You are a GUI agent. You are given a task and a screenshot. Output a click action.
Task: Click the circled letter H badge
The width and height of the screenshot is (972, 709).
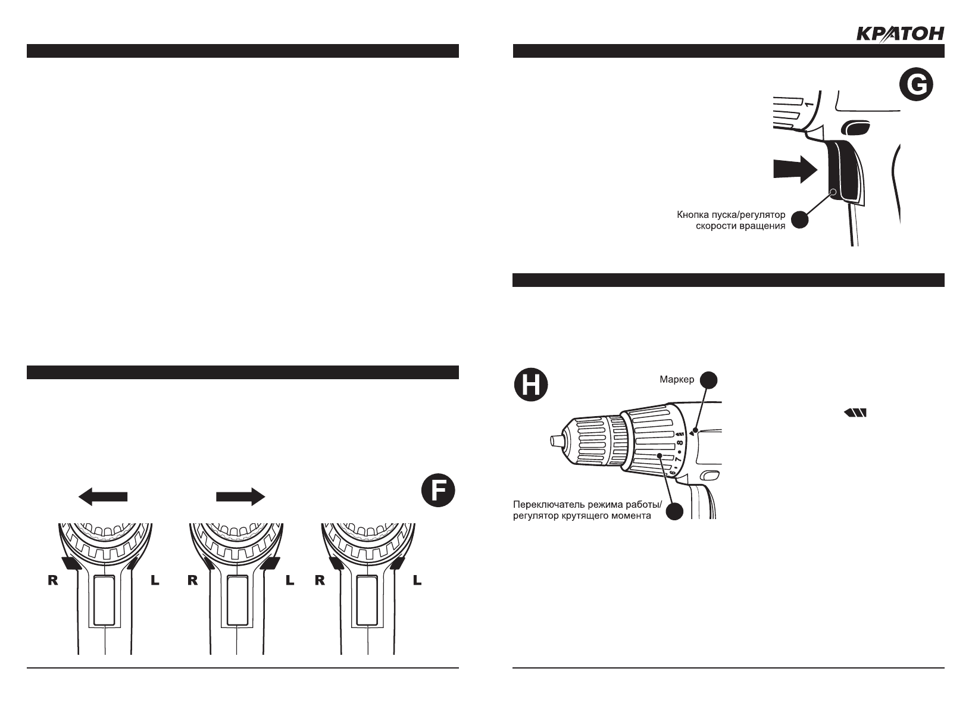click(x=530, y=385)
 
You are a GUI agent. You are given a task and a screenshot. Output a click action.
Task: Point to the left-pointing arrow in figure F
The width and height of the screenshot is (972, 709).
click(x=104, y=496)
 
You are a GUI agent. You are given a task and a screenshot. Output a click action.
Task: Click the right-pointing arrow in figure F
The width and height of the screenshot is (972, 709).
click(x=240, y=496)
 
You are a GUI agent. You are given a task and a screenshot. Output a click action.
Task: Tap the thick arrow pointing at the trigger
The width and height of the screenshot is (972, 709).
click(x=794, y=170)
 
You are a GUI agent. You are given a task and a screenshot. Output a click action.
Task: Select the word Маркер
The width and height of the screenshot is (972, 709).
click(x=677, y=379)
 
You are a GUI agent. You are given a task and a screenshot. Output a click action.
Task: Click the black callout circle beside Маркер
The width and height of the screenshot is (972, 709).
click(x=708, y=379)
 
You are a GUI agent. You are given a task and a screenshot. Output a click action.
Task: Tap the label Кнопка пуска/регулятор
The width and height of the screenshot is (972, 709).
click(x=732, y=214)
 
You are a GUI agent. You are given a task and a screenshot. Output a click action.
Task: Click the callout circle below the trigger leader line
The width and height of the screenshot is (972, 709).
click(x=800, y=219)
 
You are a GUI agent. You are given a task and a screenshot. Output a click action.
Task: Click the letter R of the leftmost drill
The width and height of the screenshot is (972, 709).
click(x=53, y=581)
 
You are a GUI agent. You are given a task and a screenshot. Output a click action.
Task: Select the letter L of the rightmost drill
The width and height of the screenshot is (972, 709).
click(x=417, y=581)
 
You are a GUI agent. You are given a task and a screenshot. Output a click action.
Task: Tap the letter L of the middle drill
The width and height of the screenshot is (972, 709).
click(x=290, y=581)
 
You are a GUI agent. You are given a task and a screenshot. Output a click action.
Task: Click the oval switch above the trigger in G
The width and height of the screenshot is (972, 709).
click(x=855, y=127)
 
